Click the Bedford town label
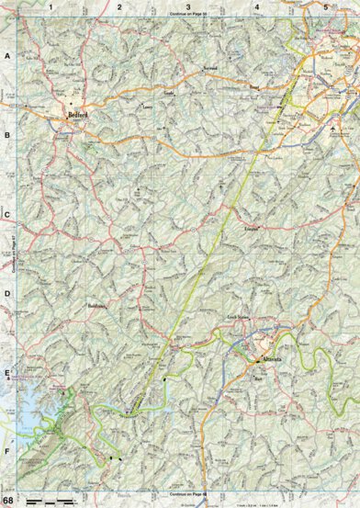77,115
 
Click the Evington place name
253,227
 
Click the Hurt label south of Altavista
257,377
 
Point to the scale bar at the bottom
51,499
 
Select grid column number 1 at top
52,6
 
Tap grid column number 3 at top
187,6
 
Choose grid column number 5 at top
325,6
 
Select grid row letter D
7,295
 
